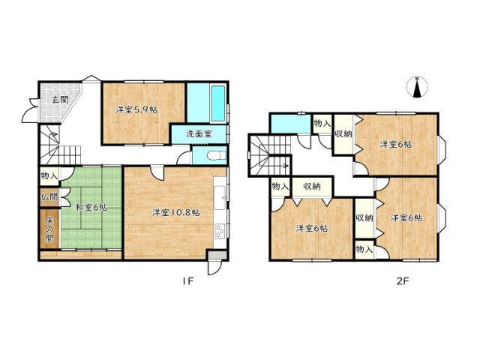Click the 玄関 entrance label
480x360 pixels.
click(60, 100)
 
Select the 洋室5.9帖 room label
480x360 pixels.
click(136, 110)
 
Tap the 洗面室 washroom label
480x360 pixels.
click(199, 133)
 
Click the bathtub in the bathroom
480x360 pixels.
click(217, 103)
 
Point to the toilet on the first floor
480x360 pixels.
click(217, 155)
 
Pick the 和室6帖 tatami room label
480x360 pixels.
click(91, 208)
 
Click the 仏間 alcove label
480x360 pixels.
click(49, 196)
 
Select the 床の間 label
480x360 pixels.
click(49, 229)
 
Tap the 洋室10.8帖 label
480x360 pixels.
click(176, 212)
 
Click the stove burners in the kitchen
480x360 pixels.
click(220, 231)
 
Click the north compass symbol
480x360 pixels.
click(416, 87)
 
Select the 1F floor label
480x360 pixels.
click(187, 280)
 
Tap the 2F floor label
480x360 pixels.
click(403, 280)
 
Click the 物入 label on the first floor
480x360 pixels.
click(49, 176)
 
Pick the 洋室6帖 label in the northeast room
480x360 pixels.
click(396, 144)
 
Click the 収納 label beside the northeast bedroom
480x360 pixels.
click(343, 133)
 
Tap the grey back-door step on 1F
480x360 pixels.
click(217, 255)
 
